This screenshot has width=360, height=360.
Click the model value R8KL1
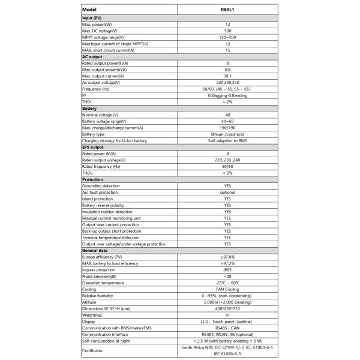pyautogui.click(x=227, y=10)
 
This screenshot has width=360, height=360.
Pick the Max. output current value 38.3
pyautogui.click(x=227, y=76)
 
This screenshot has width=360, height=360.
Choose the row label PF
pyautogui.click(x=84, y=95)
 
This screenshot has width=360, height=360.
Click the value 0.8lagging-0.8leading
pyautogui.click(x=227, y=95)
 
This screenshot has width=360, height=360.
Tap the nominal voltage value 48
pyautogui.click(x=227, y=114)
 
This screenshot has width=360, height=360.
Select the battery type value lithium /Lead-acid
pyautogui.click(x=227, y=134)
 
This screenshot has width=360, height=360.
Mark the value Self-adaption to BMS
pyautogui.click(x=227, y=140)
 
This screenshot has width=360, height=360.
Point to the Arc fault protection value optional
pyautogui.click(x=227, y=192)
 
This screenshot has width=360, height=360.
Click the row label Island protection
pyautogui.click(x=97, y=199)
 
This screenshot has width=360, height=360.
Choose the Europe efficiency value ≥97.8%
pyautogui.click(x=227, y=257)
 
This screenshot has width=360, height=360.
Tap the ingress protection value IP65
pyautogui.click(x=227, y=269)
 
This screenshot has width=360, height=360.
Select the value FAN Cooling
pyautogui.click(x=227, y=289)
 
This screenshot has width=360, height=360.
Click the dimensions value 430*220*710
pyautogui.click(x=227, y=308)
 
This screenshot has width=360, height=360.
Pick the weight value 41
pyautogui.click(x=227, y=315)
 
